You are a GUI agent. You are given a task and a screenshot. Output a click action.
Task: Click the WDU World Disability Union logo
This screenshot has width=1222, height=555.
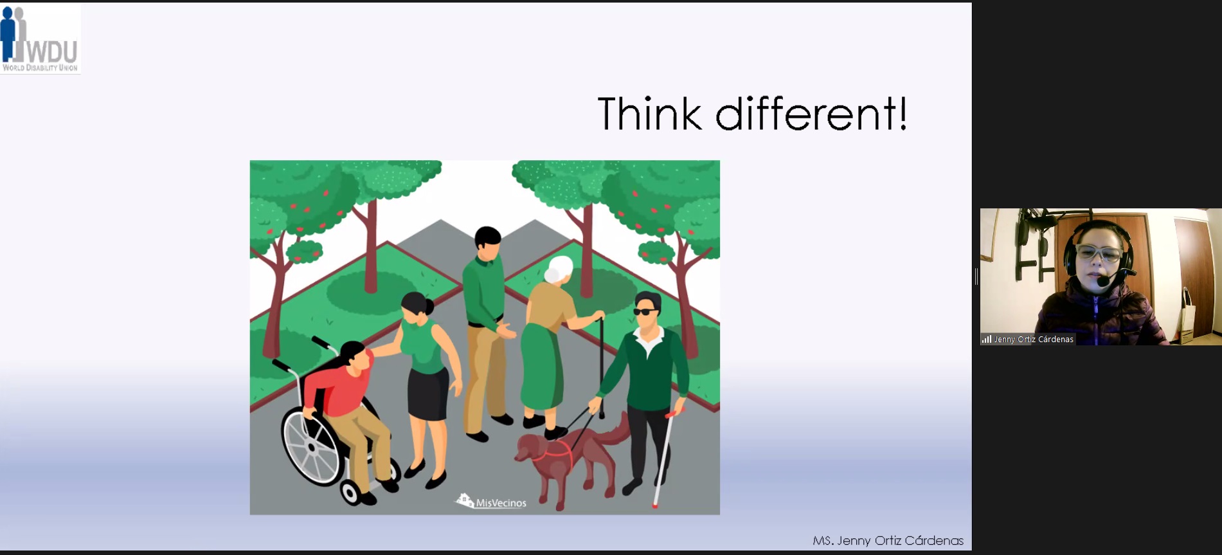(40, 39)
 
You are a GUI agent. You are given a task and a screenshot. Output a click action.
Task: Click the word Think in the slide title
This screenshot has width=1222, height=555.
(649, 114)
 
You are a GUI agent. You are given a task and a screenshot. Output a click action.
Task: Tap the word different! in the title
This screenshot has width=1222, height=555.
(812, 113)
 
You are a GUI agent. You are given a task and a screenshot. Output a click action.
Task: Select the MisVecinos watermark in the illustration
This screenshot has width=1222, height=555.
(492, 502)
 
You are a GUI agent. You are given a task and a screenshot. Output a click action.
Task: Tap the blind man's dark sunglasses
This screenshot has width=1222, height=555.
(645, 312)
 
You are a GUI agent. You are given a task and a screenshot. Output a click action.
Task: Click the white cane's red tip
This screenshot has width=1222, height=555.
(655, 506)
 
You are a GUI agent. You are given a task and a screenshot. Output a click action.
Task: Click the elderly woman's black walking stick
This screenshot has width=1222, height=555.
(602, 367)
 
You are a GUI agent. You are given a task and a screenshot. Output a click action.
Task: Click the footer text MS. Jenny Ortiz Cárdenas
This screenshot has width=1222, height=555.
(888, 541)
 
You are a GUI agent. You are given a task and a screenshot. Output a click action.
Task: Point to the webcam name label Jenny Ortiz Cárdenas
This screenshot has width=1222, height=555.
(1033, 340)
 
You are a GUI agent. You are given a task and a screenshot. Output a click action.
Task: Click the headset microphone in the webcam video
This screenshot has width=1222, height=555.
(1103, 281)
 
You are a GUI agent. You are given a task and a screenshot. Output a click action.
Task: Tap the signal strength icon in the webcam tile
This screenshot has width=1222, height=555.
(986, 339)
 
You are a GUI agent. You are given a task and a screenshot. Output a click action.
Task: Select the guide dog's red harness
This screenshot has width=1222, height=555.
(552, 453)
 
